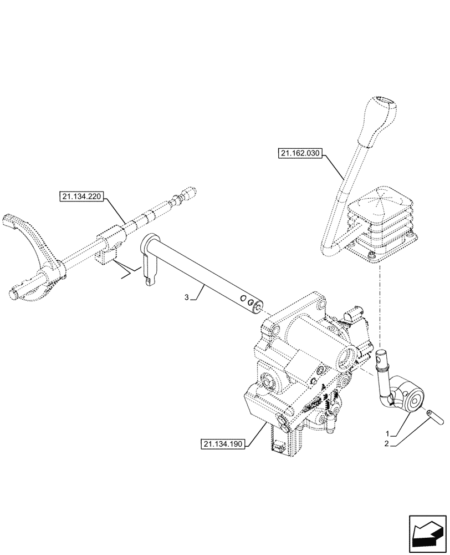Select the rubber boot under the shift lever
381,222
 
